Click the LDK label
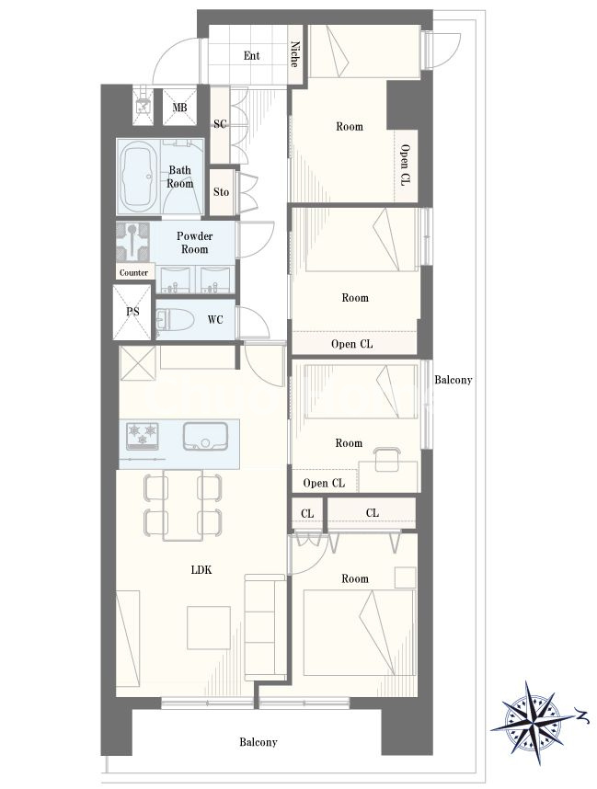click(x=201, y=569)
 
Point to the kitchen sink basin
click(x=205, y=436)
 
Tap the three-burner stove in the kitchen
click(x=143, y=436)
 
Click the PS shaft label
click(x=132, y=312)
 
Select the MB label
click(x=179, y=108)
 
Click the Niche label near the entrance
click(x=295, y=54)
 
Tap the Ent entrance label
click(x=252, y=55)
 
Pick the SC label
click(x=220, y=124)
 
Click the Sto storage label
click(x=221, y=191)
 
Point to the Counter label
click(x=133, y=273)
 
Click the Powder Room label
click(x=195, y=243)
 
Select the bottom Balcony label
click(x=258, y=742)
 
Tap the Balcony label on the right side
click(x=453, y=380)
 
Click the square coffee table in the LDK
click(x=210, y=627)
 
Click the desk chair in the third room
click(x=386, y=458)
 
